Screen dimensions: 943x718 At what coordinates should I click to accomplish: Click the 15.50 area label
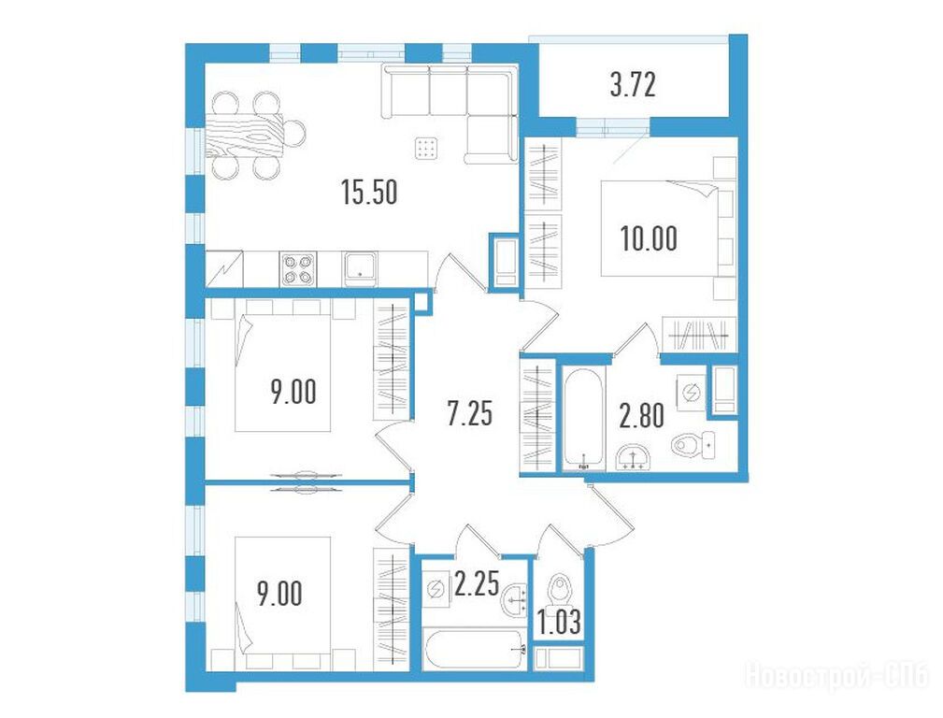(x=369, y=194)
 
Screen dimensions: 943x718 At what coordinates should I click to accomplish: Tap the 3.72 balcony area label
(x=632, y=85)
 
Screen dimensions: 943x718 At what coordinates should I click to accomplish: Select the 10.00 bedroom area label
(x=649, y=238)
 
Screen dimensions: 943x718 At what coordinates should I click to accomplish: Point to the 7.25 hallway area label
(x=470, y=414)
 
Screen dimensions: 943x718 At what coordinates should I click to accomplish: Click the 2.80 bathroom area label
(x=642, y=416)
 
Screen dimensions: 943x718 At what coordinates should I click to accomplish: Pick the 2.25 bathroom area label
(x=477, y=583)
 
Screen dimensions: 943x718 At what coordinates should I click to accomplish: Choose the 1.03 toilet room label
(x=559, y=623)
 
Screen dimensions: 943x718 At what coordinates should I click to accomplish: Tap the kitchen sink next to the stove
(x=360, y=269)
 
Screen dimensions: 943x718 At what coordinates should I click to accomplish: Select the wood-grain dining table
(x=244, y=135)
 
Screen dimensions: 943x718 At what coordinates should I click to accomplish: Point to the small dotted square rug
(x=426, y=148)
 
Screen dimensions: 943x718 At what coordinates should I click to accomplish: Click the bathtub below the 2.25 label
(x=475, y=650)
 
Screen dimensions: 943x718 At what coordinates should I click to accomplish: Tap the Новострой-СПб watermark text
(x=836, y=677)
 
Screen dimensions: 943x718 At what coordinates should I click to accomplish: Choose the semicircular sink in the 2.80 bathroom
(x=634, y=457)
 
